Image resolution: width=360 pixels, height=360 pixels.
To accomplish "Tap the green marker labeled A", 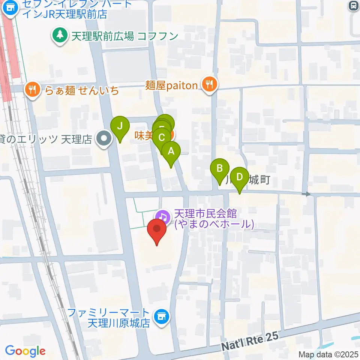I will [171, 152].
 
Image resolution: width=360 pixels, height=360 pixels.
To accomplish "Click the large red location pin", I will [157, 229].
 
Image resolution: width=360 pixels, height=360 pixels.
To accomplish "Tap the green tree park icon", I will [58, 36].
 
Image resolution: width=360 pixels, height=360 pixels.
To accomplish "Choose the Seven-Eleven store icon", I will [10, 9].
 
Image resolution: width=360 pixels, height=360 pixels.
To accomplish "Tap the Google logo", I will [25, 351].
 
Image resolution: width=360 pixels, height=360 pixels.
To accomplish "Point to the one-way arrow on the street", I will [307, 194].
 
